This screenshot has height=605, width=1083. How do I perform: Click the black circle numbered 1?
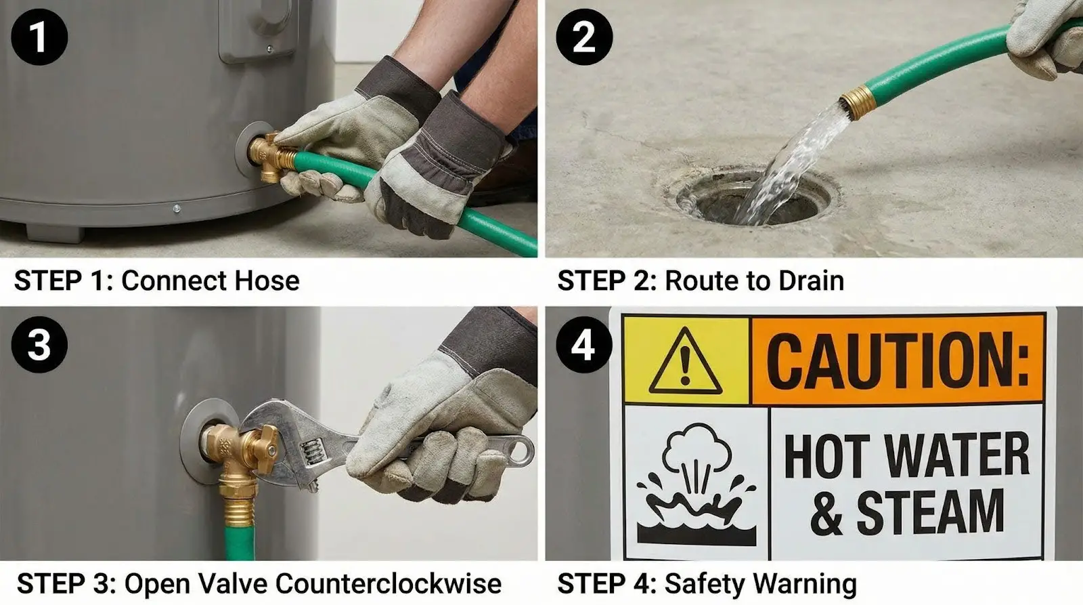pos(39,37)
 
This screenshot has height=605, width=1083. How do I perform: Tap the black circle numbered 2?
pos(584,37)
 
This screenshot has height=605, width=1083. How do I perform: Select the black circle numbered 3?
pos(39,344)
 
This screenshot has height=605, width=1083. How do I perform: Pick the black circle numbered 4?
pos(584,344)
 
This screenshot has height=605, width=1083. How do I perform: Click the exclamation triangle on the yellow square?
pos(685,361)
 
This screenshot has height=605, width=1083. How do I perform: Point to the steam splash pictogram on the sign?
pos(697,484)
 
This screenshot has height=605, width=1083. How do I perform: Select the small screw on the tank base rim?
pos(177,209)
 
